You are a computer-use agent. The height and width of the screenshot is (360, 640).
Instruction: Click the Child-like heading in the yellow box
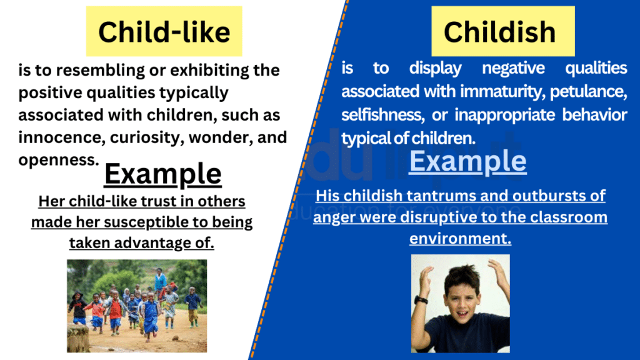(164, 32)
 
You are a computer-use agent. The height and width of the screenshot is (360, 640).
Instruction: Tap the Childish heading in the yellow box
(499, 32)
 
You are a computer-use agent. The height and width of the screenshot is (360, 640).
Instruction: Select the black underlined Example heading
(162, 174)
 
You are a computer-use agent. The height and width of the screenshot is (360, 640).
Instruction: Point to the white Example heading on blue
(467, 161)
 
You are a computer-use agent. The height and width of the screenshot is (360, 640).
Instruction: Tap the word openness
(57, 160)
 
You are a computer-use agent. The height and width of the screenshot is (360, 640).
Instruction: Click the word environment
(460, 238)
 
